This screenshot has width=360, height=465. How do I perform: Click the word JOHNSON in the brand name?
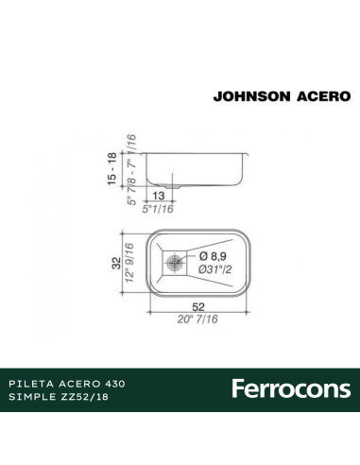click(x=249, y=95)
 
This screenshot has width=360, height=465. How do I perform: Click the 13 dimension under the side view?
click(x=158, y=195)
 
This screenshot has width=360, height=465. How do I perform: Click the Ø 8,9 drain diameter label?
click(x=212, y=255)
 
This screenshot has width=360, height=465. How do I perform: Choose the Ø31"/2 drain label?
click(x=214, y=270)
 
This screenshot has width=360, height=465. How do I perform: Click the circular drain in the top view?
click(x=173, y=261)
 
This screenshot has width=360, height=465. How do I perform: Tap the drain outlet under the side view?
click(x=158, y=182)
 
